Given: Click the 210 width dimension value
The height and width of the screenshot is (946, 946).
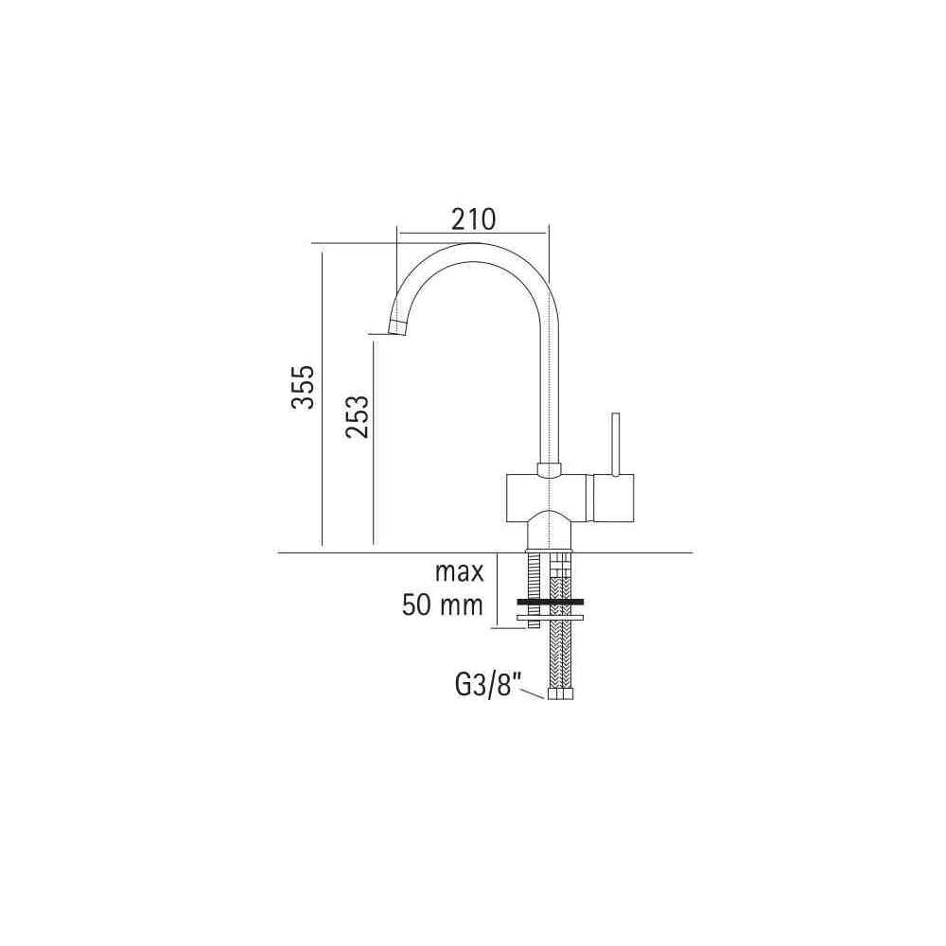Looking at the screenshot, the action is click(x=474, y=219).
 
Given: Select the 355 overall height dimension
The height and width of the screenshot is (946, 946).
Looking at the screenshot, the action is click(x=304, y=387).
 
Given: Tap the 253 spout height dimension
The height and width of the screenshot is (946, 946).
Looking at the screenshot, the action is click(x=357, y=417).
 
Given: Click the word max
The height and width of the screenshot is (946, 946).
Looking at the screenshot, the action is click(x=459, y=572).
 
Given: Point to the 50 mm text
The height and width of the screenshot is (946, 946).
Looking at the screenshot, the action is click(x=443, y=605).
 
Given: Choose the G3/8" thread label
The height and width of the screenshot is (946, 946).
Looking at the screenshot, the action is click(x=487, y=687).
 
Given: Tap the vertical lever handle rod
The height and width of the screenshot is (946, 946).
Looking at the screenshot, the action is click(x=616, y=444).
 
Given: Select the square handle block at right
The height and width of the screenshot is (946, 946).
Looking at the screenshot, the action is click(x=614, y=499).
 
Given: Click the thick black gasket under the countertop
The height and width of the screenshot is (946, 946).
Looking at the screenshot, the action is click(x=550, y=602).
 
